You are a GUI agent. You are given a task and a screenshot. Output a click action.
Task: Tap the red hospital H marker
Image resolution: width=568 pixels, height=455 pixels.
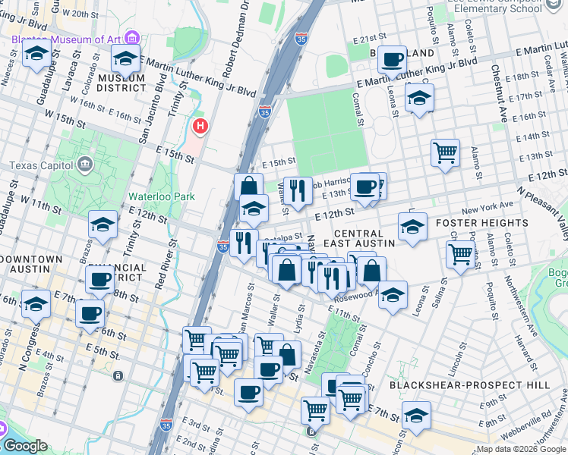point(200,126)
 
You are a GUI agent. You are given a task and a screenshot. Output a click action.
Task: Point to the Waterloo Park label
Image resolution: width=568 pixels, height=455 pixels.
point(161,196)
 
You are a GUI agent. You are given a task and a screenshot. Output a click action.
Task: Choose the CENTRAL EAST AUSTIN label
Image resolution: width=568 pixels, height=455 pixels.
point(364,238)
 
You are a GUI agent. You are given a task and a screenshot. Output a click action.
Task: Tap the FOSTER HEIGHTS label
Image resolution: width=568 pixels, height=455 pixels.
point(481,223)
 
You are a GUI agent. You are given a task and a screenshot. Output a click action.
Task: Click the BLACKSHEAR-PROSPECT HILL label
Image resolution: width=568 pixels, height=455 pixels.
point(469,385)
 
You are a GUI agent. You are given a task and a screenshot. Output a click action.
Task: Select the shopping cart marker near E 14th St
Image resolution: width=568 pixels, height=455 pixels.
point(445,152)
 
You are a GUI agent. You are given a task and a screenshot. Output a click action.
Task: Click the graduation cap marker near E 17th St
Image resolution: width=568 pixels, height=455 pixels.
point(418,99)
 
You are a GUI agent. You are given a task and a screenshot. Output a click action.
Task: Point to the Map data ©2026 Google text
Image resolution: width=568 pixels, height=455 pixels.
point(520,449)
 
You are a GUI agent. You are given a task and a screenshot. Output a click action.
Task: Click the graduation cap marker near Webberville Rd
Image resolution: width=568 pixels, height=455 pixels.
point(416,416)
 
